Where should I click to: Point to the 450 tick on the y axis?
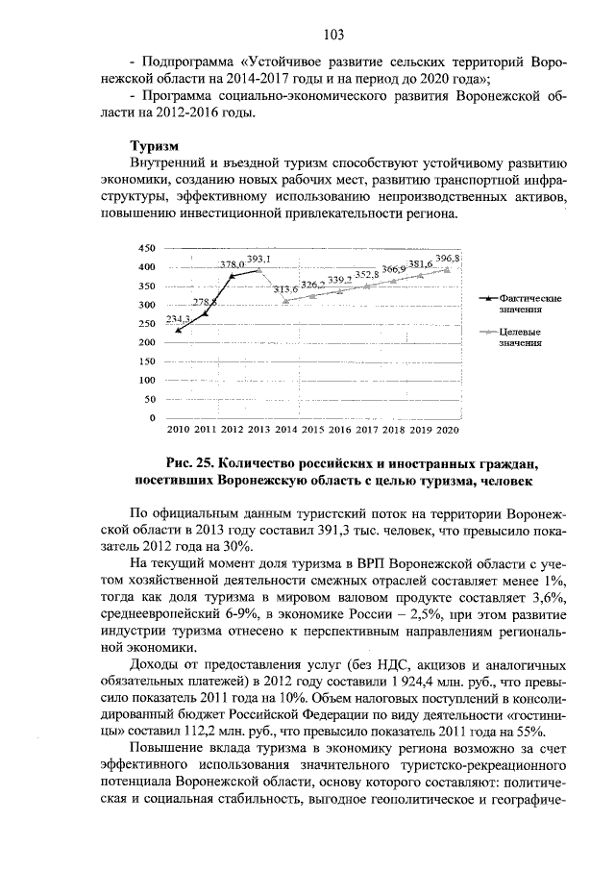(146, 248)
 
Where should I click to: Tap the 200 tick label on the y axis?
(146, 343)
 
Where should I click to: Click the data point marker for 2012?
(232, 275)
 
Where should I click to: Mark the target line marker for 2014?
(285, 300)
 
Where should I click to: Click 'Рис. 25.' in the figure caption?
(188, 461)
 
